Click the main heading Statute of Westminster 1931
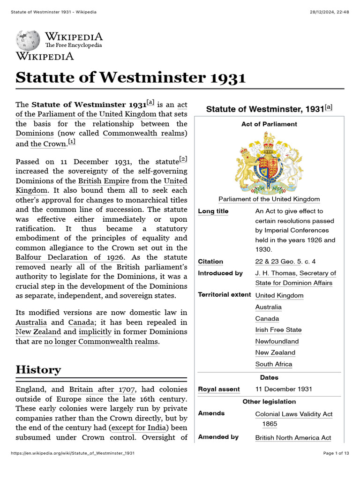(130, 77)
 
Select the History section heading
(38, 369)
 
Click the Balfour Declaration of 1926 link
(70, 257)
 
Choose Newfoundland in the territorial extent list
(277, 341)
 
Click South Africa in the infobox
(273, 364)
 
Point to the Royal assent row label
(219, 389)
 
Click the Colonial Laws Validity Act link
(293, 414)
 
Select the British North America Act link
(293, 438)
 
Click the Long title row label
(213, 211)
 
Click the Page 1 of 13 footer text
(336, 453)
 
